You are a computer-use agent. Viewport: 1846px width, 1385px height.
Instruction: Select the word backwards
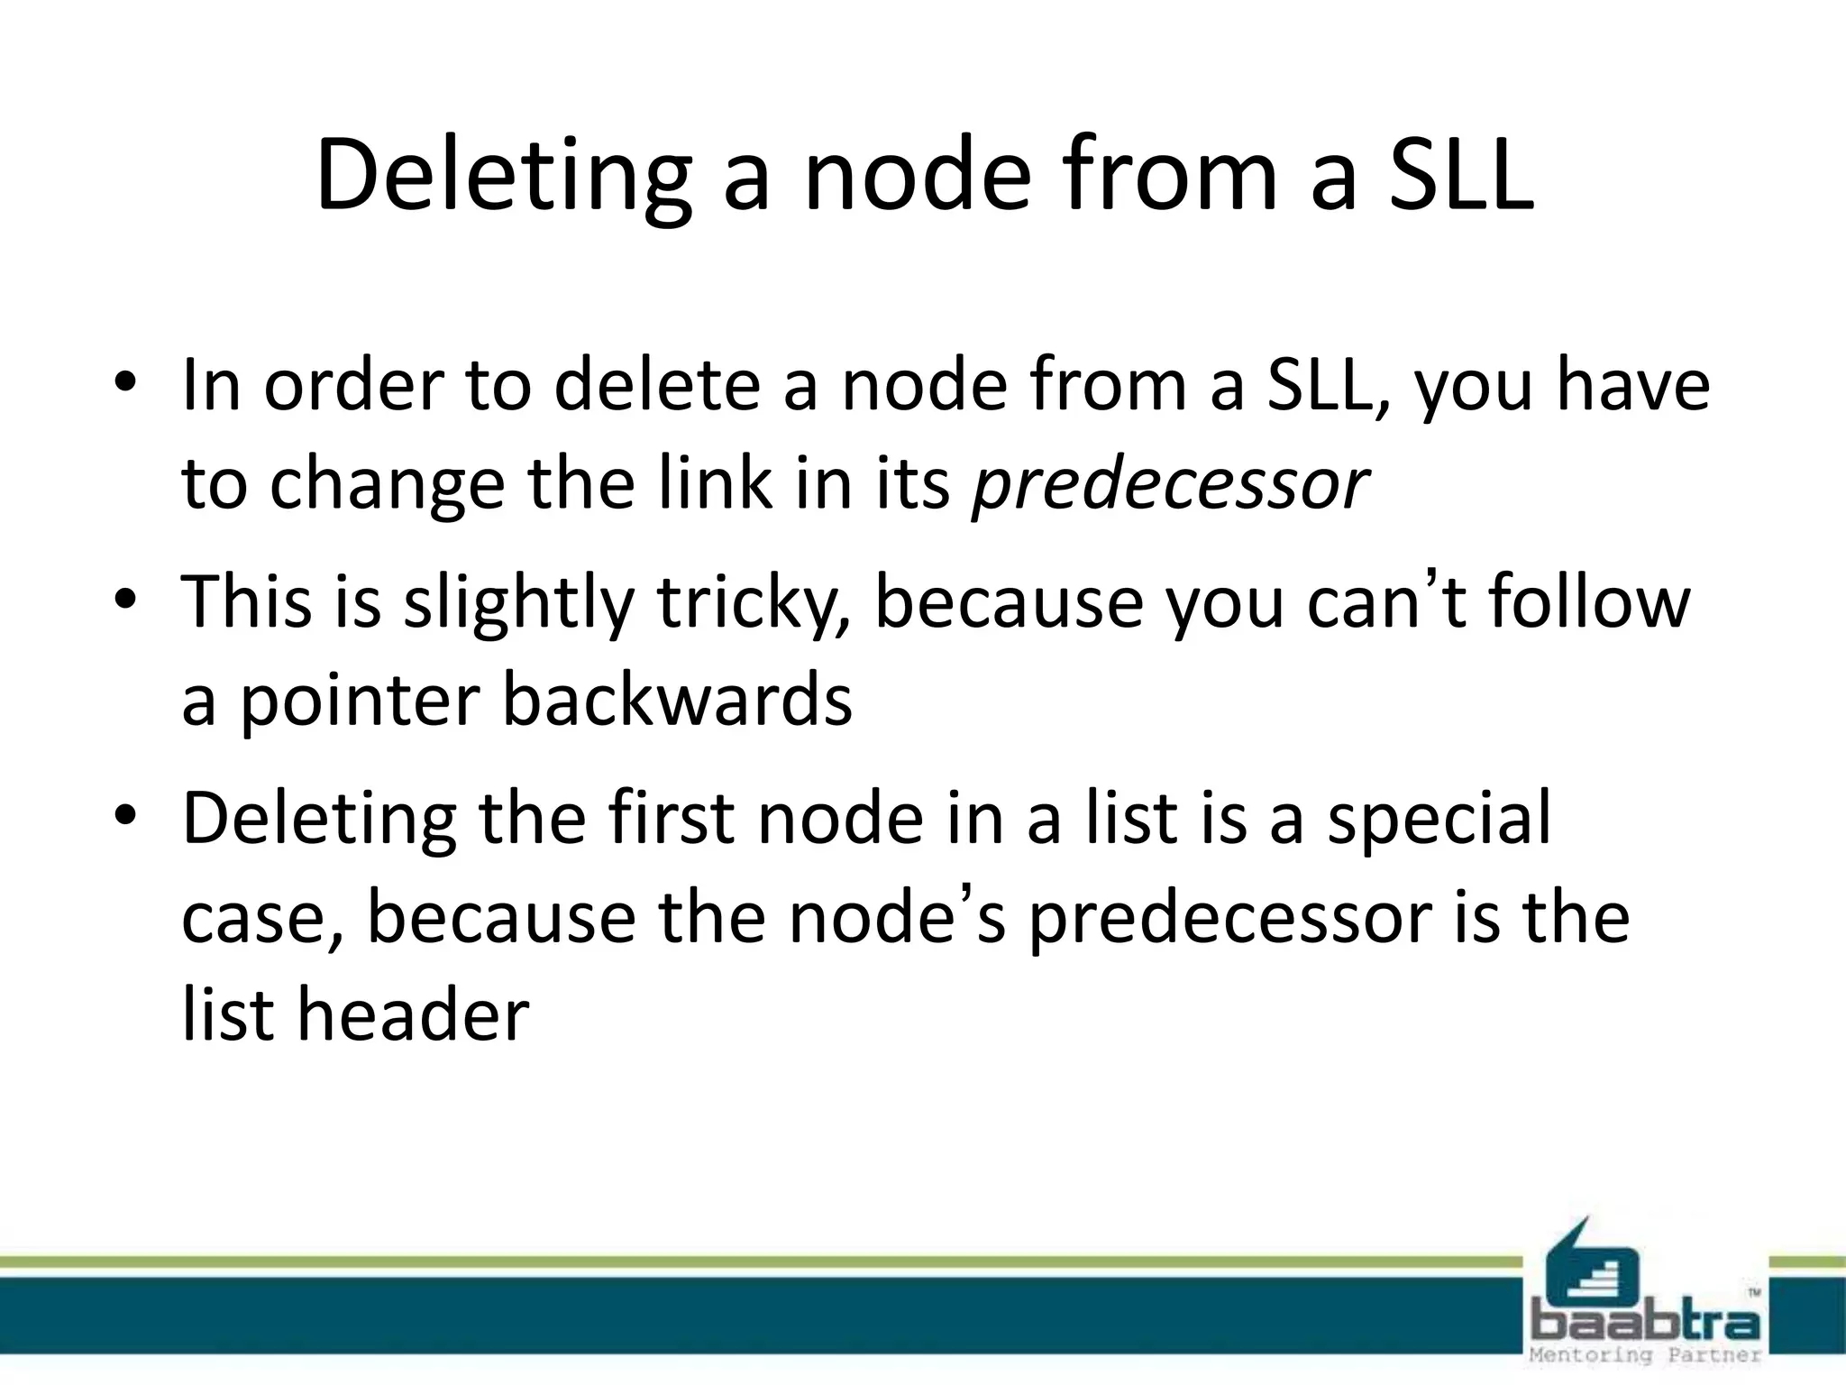point(676,701)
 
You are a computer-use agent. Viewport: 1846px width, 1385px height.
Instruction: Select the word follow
point(1588,602)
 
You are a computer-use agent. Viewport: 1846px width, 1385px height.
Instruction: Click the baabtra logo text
point(1645,1324)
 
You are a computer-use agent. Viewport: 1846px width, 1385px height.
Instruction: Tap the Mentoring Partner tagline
point(1645,1354)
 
